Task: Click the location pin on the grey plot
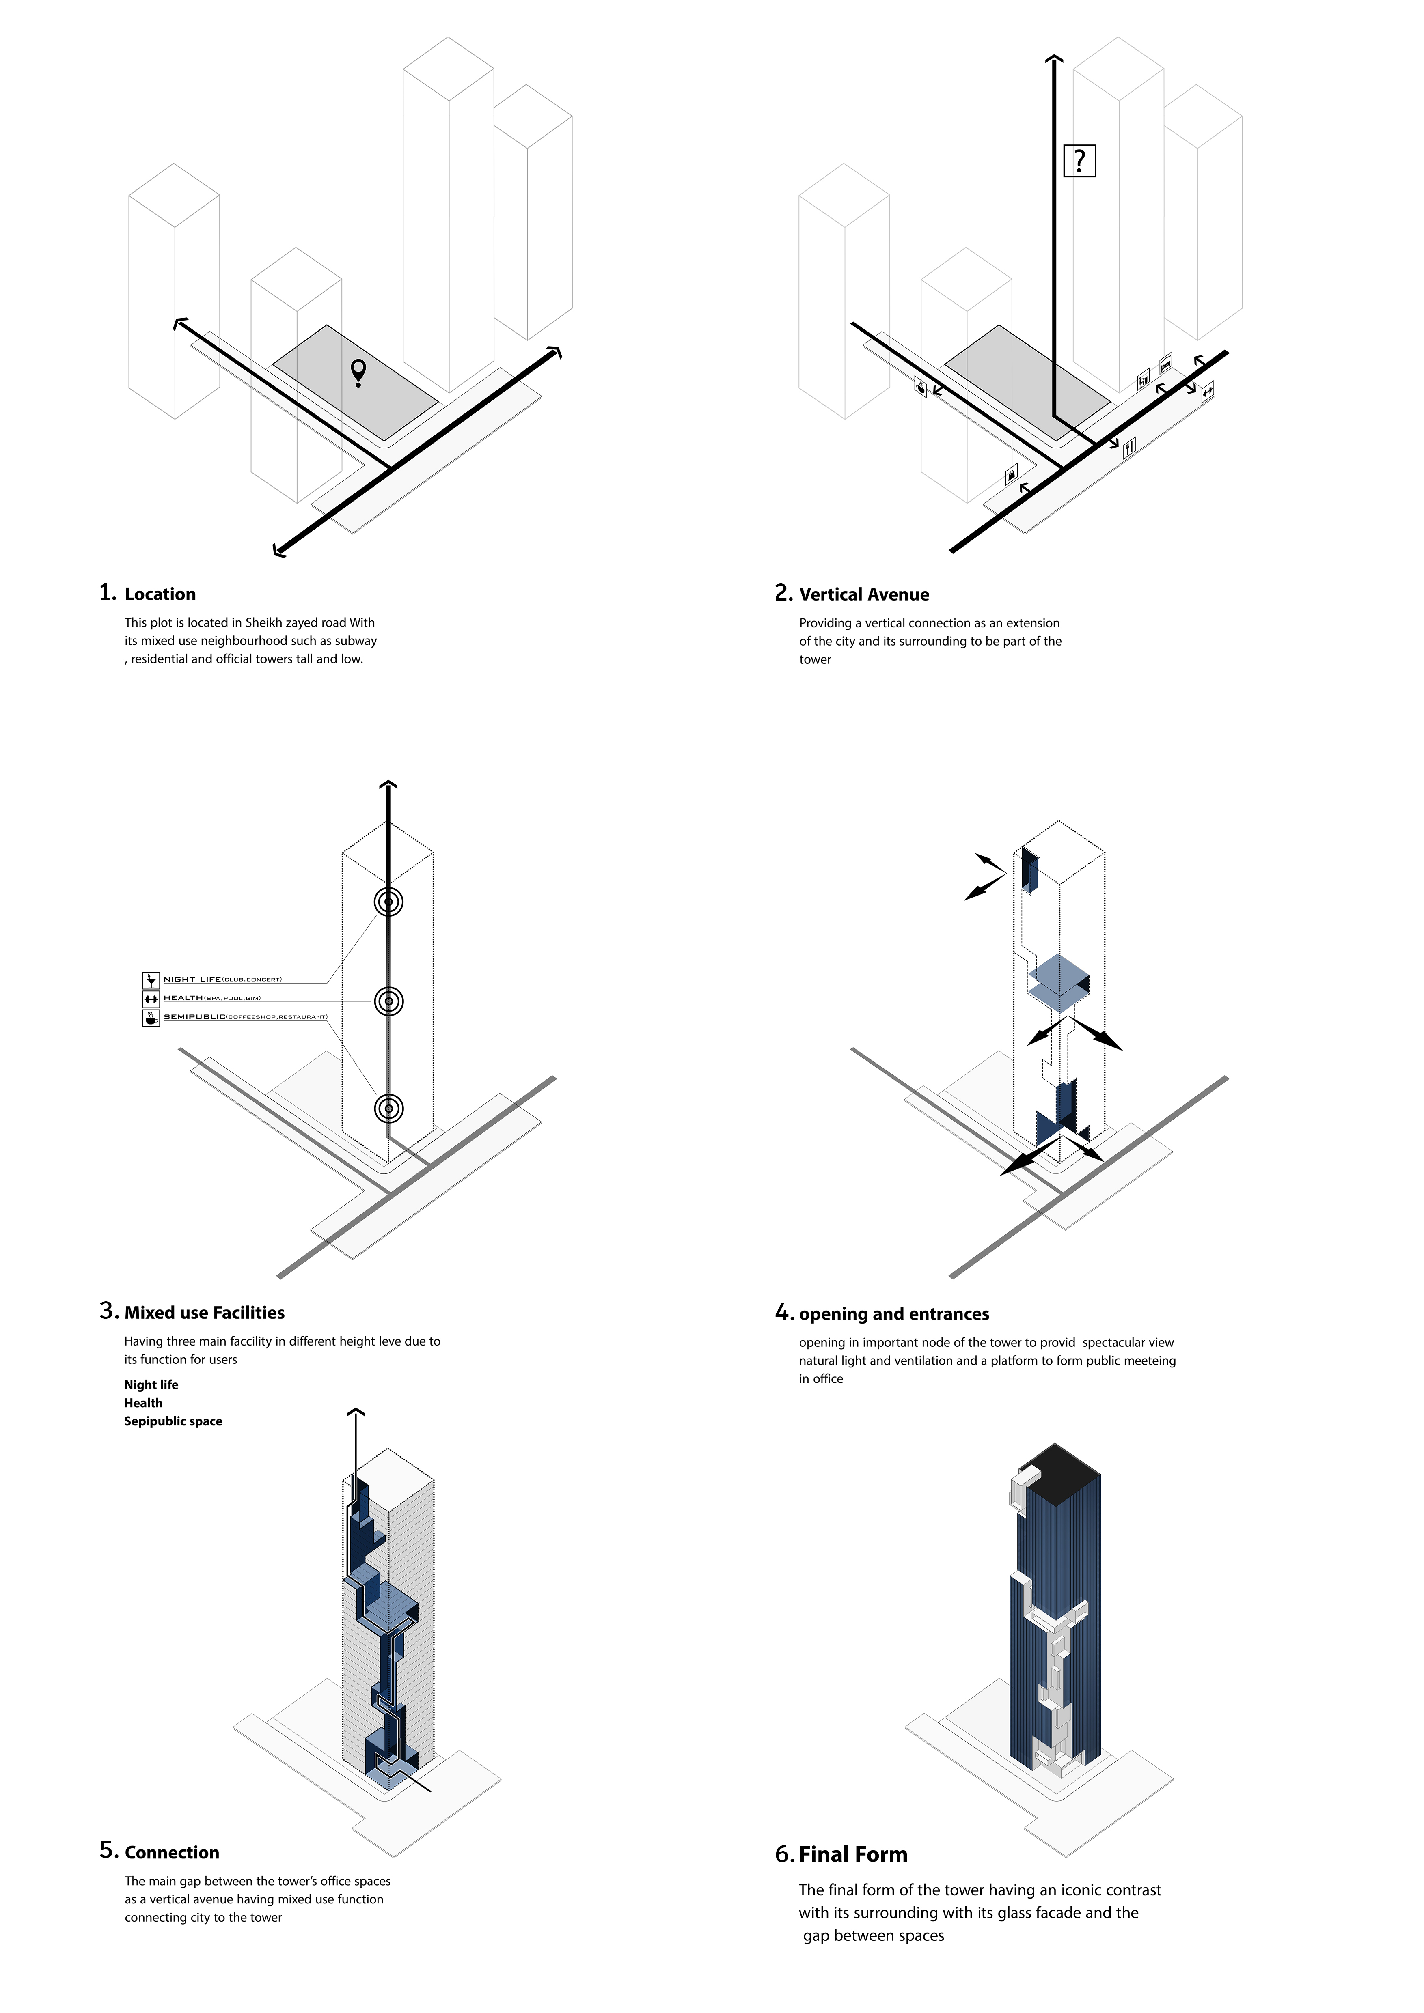pos(358,372)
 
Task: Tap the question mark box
pos(1079,160)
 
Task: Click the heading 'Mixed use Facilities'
pos(204,1313)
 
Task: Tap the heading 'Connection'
pos(172,1853)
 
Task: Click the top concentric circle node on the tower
pos(388,901)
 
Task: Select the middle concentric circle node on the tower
pos(388,1000)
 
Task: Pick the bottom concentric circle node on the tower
pos(388,1108)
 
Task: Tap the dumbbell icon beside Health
pos(151,999)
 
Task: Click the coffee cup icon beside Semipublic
pos(151,1018)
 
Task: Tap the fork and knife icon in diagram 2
pos(1129,447)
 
